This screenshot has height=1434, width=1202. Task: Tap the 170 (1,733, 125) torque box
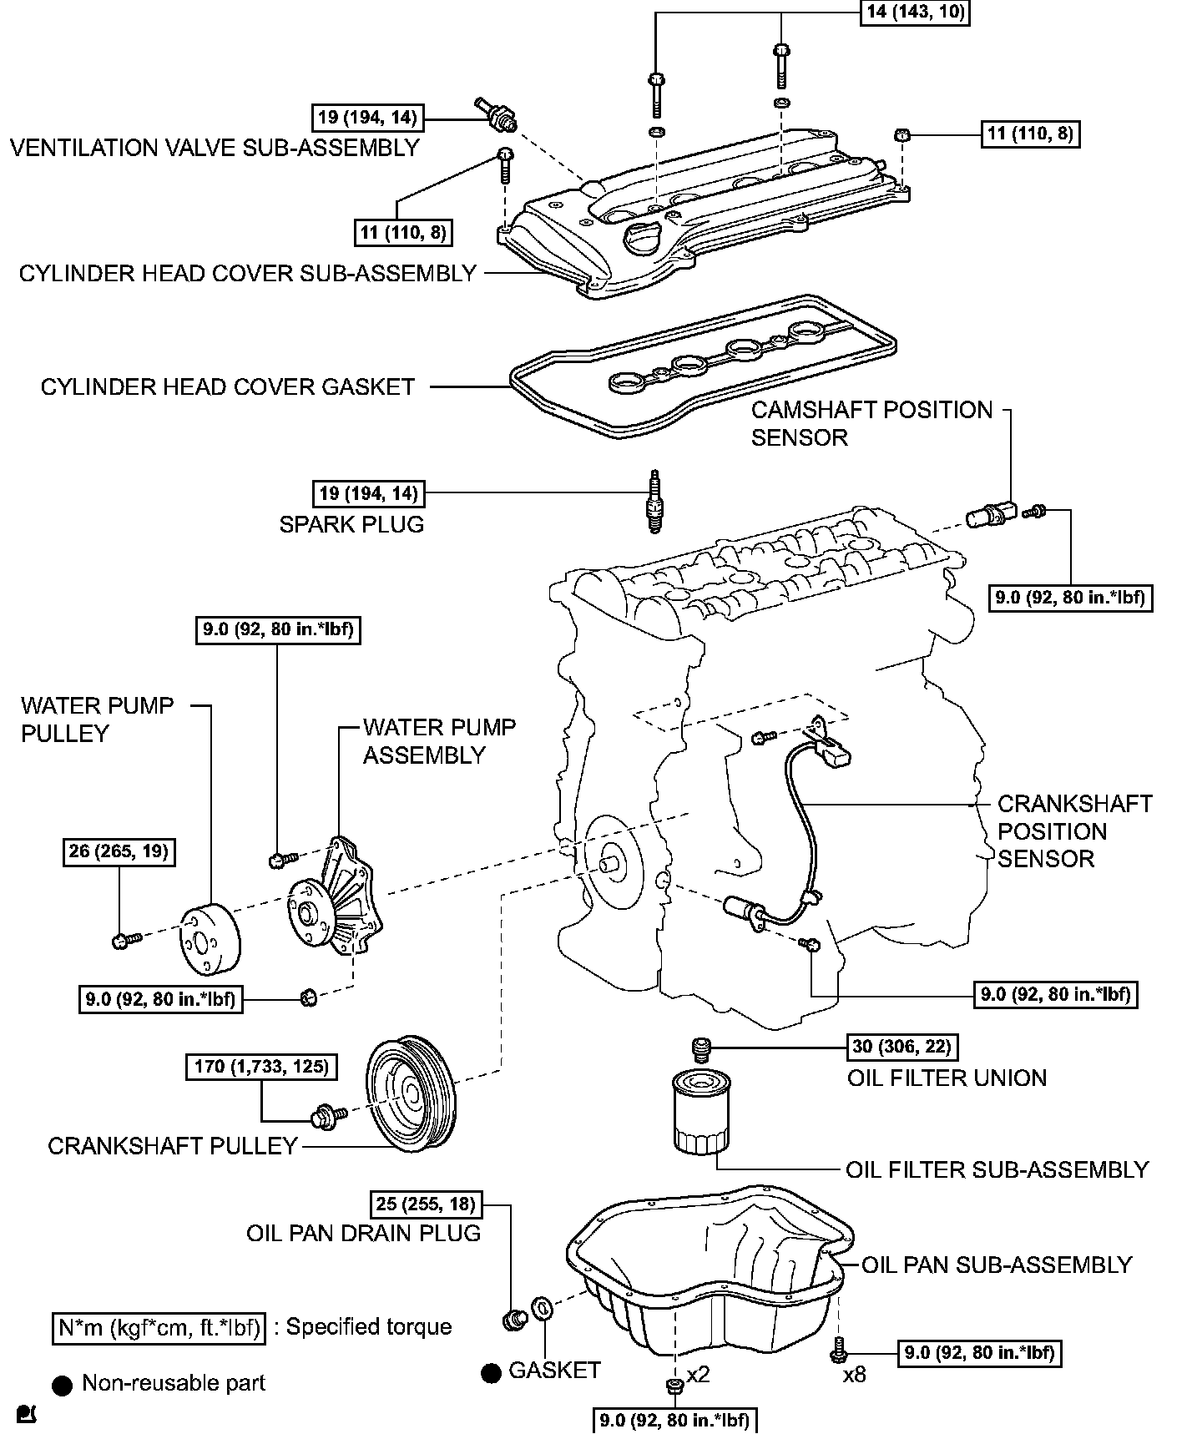coord(261,1066)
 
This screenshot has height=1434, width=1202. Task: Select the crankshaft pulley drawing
coord(411,1093)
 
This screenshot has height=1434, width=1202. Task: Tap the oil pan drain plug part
coord(512,1320)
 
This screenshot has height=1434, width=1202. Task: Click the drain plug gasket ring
coord(541,1308)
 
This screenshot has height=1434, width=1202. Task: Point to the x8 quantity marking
coord(854,1374)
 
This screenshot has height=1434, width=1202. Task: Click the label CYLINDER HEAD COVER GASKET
coord(228,387)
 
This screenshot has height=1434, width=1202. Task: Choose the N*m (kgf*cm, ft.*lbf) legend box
coord(159,1327)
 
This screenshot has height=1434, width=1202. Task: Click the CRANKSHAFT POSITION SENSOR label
coord(1074,831)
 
